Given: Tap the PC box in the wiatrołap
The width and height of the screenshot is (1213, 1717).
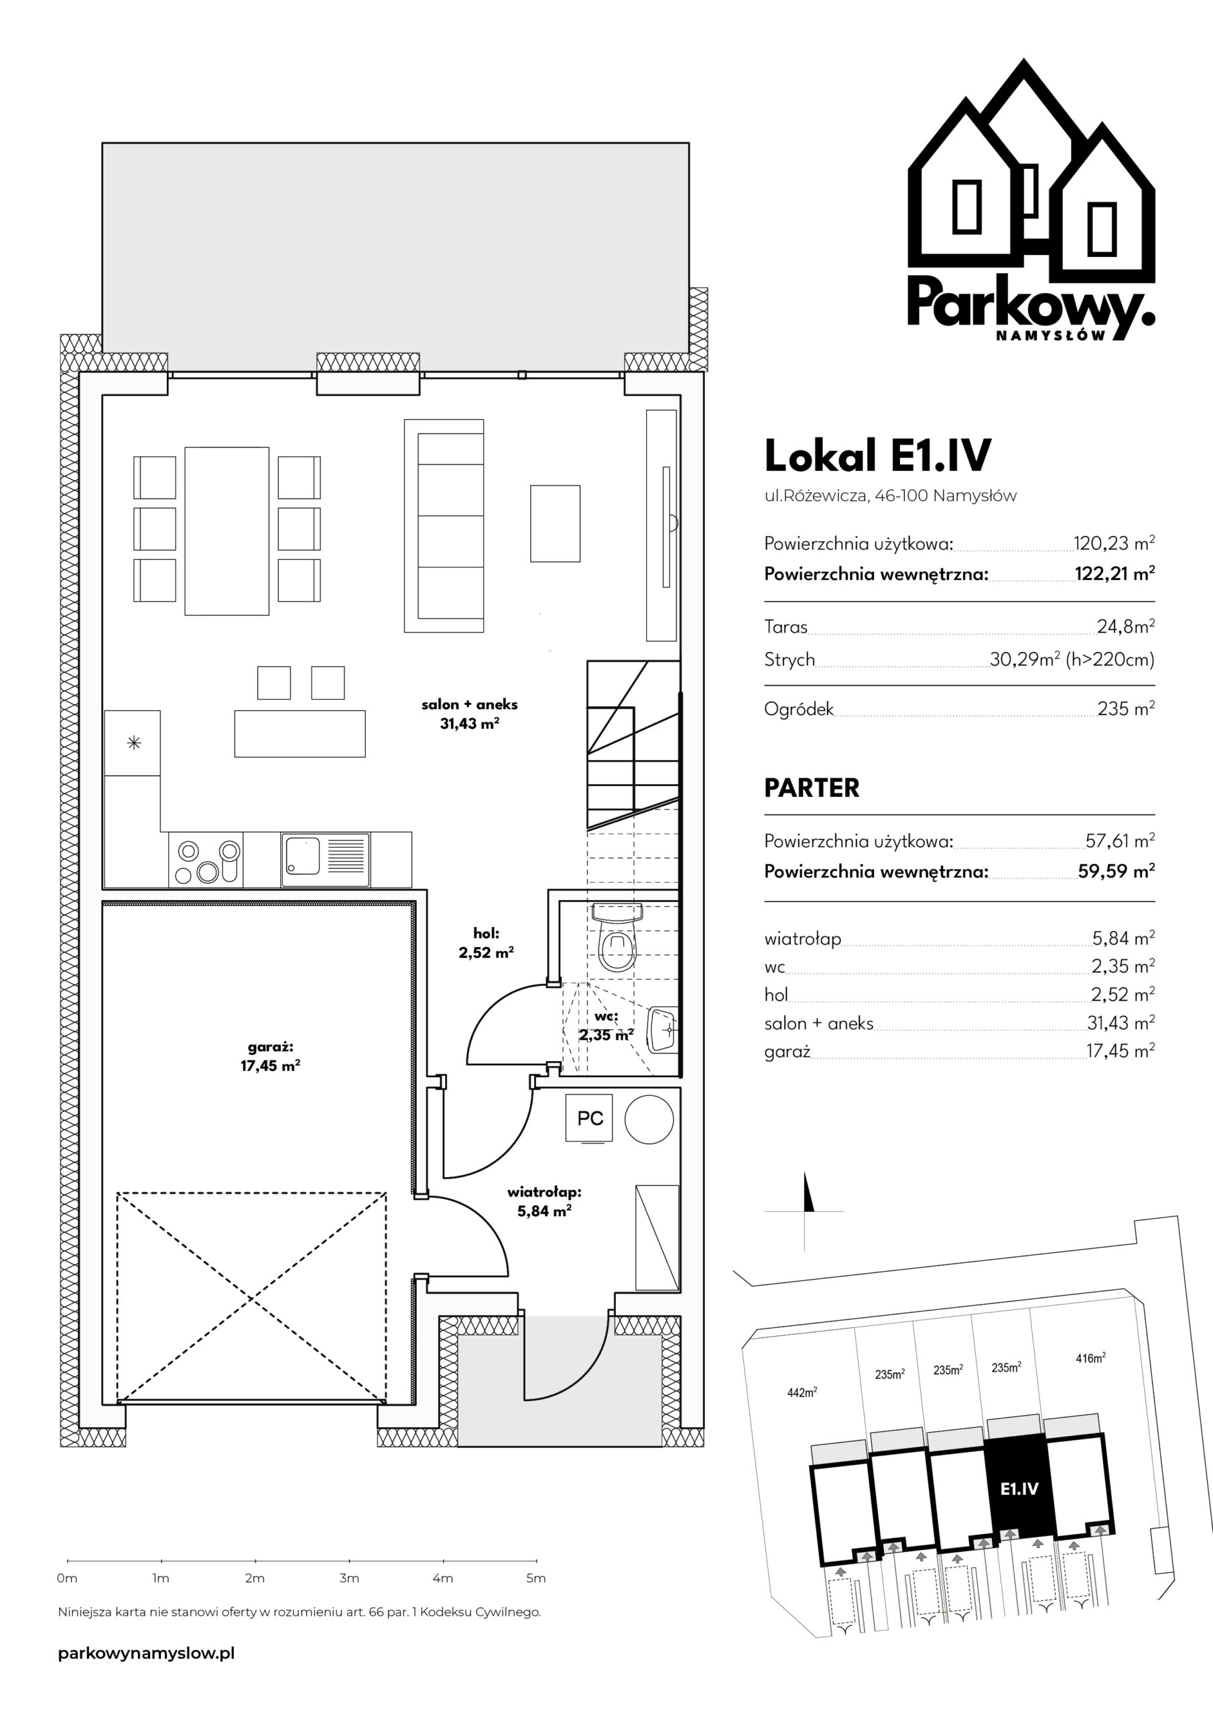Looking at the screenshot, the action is (590, 1119).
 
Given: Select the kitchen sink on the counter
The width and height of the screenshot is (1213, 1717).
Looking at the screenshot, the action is (325, 860).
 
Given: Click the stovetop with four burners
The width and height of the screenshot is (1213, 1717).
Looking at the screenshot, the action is (206, 860).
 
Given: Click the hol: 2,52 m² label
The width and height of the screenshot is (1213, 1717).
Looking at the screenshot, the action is (486, 943).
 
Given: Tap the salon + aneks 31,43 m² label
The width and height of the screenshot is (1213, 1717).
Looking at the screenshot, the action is (469, 714).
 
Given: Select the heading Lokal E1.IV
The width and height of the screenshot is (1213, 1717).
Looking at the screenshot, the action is (877, 455).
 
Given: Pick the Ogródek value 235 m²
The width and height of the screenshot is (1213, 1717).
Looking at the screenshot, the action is (1126, 708).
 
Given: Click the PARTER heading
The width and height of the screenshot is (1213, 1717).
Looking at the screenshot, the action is (812, 787).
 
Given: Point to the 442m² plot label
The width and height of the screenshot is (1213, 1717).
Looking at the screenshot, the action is (802, 1392).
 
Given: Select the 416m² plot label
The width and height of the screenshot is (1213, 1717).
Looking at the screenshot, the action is (1090, 1358).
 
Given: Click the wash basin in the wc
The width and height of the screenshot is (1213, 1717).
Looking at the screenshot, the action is (661, 1030).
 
